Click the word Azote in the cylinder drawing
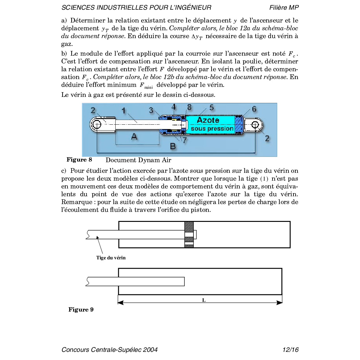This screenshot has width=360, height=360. point(208,120)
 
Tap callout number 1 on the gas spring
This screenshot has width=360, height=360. point(124,111)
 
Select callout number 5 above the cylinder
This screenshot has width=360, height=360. point(212,107)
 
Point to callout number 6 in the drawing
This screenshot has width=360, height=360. point(254,109)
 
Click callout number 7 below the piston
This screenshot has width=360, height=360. point(185,140)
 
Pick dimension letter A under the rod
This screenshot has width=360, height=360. point(134,136)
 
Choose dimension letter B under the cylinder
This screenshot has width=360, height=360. point(173,146)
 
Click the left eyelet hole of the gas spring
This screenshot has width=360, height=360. point(97,124)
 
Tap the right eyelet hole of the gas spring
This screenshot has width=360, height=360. point(255,125)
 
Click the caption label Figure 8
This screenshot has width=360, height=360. point(79,160)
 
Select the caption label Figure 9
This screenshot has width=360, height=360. point(81,310)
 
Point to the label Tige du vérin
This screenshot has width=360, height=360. point(111,258)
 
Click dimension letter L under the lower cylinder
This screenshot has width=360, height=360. point(204,300)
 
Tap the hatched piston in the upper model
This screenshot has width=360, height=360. point(189,227)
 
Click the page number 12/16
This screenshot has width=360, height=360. point(290,350)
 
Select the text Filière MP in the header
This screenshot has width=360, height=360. point(284,7)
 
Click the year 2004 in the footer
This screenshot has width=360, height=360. point(150,350)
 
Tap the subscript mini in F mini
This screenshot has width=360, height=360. point(148,87)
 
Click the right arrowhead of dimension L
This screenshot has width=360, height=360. point(279,302)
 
